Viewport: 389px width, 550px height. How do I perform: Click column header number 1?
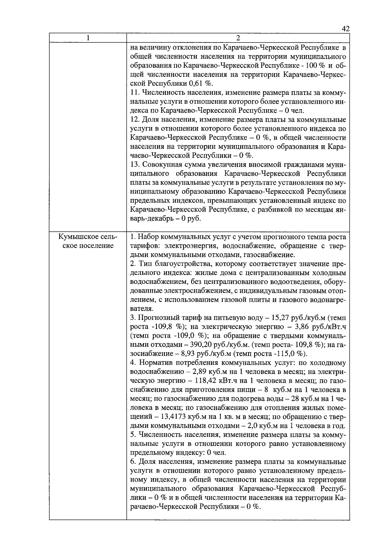coord(88,38)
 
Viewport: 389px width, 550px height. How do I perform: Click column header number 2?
coord(238,38)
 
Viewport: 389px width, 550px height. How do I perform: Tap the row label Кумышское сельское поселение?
coord(88,241)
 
